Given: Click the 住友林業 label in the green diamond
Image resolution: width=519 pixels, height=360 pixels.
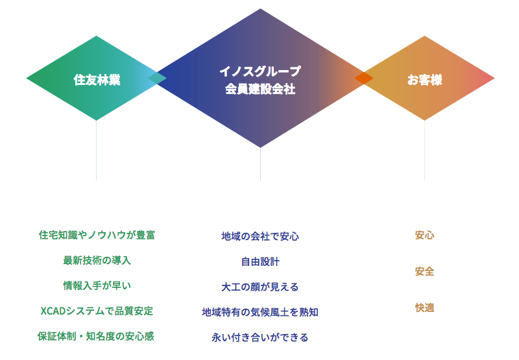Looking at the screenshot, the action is [x=97, y=80].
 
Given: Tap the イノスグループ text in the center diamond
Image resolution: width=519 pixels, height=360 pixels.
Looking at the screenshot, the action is [x=260, y=71].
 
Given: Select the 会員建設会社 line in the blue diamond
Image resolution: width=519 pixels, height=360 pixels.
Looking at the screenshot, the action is [x=260, y=89].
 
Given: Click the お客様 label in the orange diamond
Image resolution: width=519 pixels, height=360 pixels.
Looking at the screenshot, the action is [x=425, y=80].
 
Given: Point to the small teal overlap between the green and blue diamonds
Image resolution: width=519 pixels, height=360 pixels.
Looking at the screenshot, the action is [x=157, y=78].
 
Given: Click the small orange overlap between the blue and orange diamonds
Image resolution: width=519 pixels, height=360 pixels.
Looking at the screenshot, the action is [x=364, y=78].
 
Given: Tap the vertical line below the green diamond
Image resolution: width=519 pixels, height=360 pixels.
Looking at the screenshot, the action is [x=96, y=150].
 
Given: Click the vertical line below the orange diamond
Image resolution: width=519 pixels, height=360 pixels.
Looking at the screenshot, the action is [x=425, y=150].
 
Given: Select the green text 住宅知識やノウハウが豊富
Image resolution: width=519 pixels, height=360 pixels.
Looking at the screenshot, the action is [x=97, y=235].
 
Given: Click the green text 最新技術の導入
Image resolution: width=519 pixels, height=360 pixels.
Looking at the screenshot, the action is [x=97, y=260].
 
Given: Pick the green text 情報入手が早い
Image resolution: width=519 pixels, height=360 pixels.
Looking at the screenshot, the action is [x=97, y=285].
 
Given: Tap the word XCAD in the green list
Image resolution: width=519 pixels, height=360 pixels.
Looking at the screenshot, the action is [x=53, y=311].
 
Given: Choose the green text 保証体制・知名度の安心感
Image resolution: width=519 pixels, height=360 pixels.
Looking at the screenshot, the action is [x=95, y=336].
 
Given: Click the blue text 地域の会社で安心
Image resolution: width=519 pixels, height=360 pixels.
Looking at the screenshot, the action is [x=260, y=236].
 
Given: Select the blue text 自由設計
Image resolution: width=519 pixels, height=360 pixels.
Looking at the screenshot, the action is [x=260, y=261].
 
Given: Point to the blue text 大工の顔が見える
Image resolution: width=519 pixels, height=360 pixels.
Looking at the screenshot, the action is [x=260, y=287].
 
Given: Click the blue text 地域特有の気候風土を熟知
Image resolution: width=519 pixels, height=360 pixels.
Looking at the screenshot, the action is [x=260, y=312].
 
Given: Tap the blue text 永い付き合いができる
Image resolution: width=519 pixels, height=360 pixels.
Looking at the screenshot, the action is [x=260, y=337].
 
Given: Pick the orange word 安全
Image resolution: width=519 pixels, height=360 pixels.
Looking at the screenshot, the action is [x=425, y=272].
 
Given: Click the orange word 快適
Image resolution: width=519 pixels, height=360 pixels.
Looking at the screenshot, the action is [x=425, y=307].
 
